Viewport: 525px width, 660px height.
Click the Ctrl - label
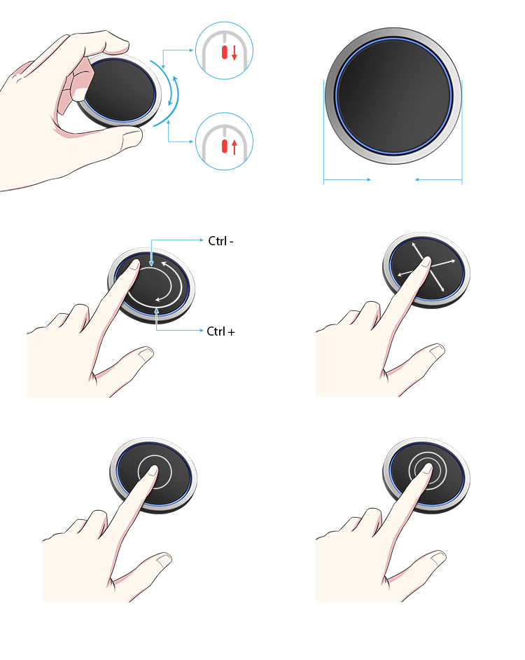coord(221,241)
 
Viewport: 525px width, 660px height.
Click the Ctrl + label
coord(221,331)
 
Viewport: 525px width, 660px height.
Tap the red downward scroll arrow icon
coord(234,52)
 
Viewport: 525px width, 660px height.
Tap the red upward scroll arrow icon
coord(234,146)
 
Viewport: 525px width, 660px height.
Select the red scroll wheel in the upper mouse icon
coord(225,52)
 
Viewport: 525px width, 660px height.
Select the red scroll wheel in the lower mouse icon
coord(225,146)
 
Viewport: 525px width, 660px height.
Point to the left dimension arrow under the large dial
coord(347,180)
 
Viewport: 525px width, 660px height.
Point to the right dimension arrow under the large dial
coord(438,180)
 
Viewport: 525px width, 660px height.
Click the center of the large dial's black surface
coord(393,95)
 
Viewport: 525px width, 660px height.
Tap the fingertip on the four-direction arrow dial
coord(426,263)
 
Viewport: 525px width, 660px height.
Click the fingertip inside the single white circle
coord(153,471)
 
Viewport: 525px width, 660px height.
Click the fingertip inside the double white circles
coord(426,469)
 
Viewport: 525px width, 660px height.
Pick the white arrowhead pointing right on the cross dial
coord(453,261)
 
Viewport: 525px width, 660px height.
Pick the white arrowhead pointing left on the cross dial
coord(400,274)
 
